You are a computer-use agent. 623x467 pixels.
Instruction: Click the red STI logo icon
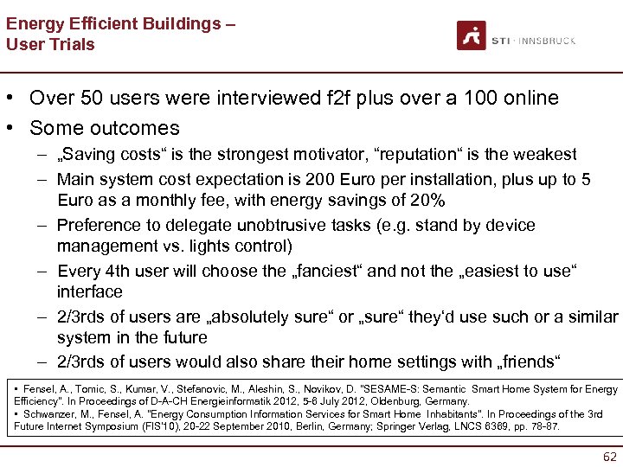[472, 35]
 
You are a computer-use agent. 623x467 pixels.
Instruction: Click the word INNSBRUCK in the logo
[549, 40]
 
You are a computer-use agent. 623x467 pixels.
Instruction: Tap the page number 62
[609, 456]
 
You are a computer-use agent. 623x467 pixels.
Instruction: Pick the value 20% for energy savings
[426, 201]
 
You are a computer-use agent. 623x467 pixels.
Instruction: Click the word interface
[90, 292]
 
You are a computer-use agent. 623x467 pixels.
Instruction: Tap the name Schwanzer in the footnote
[50, 414]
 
